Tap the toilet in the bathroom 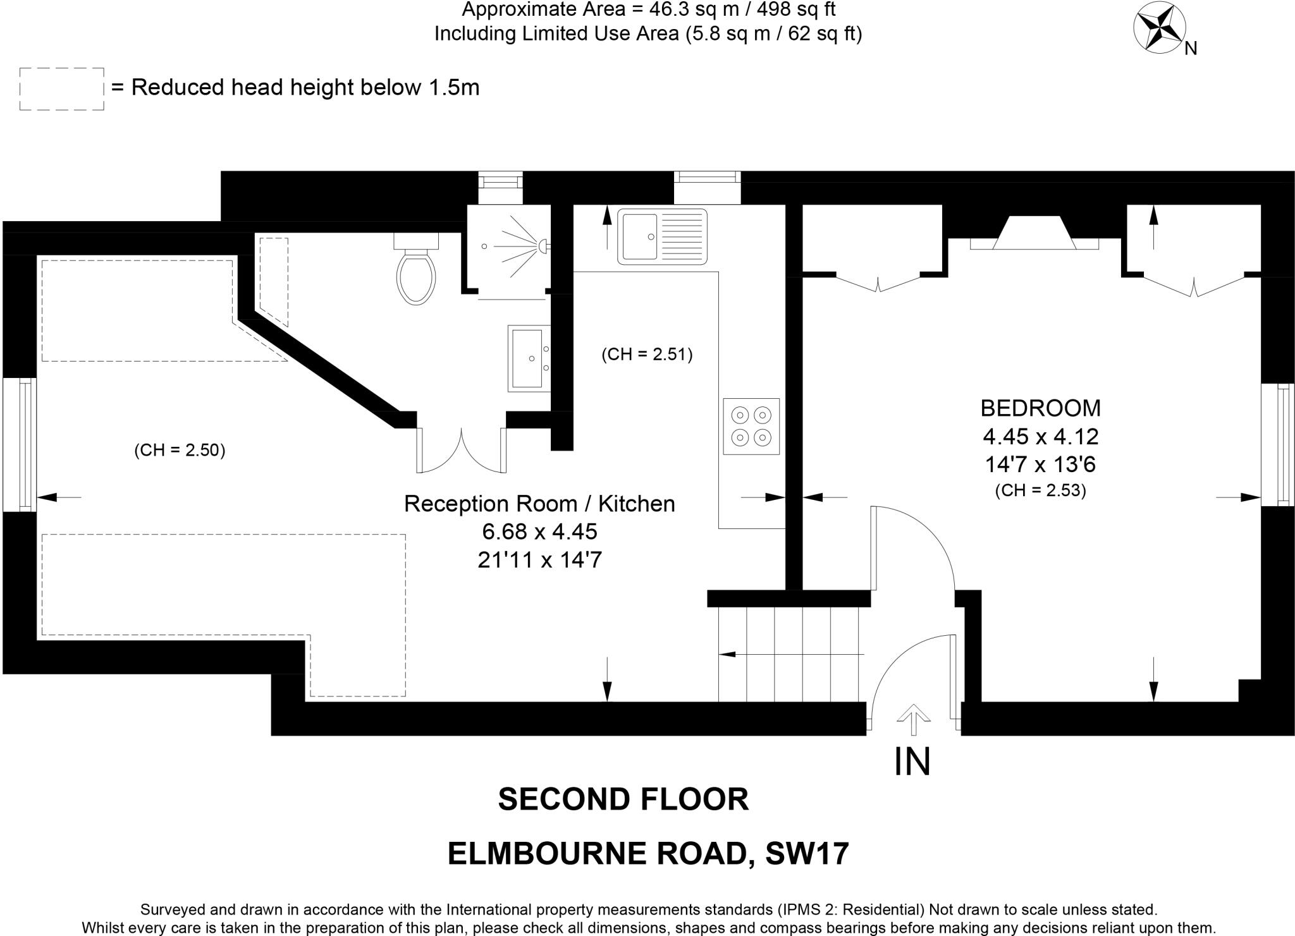tap(417, 269)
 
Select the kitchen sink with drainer tap(662, 236)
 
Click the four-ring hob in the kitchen tap(751, 426)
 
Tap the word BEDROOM tap(1040, 408)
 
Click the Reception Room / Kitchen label tap(539, 504)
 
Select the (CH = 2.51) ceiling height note tap(647, 354)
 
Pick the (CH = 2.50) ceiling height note tap(180, 450)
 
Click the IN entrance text tap(912, 762)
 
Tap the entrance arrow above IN tap(913, 719)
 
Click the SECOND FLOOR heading tap(623, 799)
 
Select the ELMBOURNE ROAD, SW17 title tap(648, 854)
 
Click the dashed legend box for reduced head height tap(61, 89)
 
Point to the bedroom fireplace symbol tap(1034, 233)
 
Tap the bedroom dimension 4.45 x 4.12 tap(1041, 437)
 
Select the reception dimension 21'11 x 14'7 tap(539, 560)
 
